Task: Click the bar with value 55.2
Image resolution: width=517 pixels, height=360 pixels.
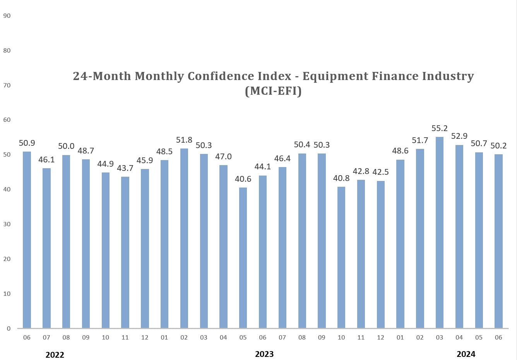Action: (x=439, y=232)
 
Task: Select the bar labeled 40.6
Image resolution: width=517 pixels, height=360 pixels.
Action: (x=243, y=258)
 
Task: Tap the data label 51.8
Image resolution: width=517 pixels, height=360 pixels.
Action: (x=184, y=140)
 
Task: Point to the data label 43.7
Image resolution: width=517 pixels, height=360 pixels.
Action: (x=125, y=168)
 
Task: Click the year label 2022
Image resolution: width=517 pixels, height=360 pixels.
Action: (x=55, y=355)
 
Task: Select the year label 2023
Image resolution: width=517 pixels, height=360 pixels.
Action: (x=264, y=354)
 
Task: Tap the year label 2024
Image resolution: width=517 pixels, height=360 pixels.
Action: (x=466, y=354)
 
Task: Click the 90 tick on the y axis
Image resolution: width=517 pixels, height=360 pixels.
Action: (x=7, y=16)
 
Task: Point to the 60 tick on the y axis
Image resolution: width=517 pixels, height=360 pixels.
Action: (x=7, y=120)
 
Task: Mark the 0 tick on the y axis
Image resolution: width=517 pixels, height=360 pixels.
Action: (x=9, y=328)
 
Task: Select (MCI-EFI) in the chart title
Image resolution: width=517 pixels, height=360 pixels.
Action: (x=273, y=91)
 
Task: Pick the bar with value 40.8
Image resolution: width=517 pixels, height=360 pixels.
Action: (x=341, y=257)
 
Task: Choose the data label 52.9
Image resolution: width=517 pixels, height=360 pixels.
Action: (x=459, y=136)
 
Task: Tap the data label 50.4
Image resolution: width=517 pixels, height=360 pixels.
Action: (x=302, y=145)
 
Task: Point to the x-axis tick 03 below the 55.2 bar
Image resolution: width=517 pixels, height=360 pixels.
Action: (x=439, y=337)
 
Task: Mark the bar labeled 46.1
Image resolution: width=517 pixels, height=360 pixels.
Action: (x=46, y=248)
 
